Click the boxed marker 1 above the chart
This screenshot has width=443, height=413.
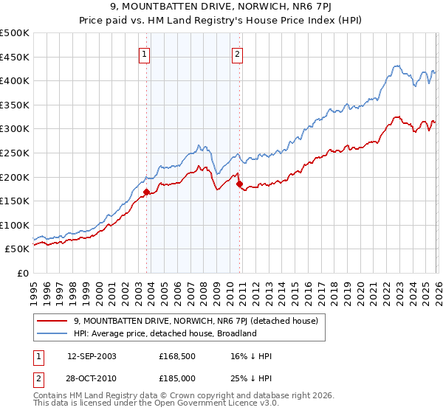pyautogui.click(x=144, y=53)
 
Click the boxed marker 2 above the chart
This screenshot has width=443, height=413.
pyautogui.click(x=237, y=53)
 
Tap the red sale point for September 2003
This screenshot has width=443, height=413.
pyautogui.click(x=146, y=192)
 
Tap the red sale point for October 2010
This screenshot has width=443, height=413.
pyautogui.click(x=239, y=184)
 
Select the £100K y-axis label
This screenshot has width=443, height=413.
pyautogui.click(x=15, y=225)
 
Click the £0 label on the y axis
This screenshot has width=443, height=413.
pyautogui.click(x=22, y=273)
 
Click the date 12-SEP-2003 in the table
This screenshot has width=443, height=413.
pyautogui.click(x=91, y=356)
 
